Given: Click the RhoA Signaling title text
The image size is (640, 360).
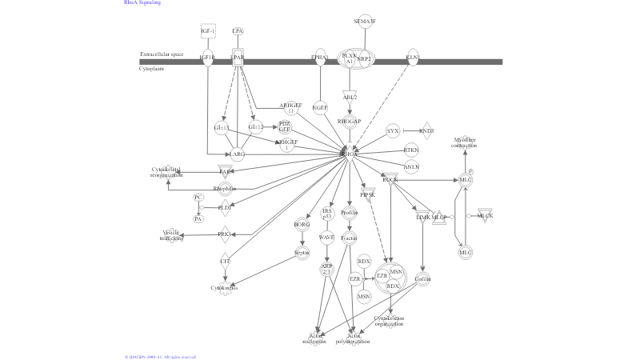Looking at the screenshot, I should (142, 3).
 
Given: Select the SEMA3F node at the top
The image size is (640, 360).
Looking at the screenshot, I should (366, 21).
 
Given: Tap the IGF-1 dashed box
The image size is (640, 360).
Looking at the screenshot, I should (208, 30).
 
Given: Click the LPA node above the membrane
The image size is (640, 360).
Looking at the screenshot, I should (238, 30).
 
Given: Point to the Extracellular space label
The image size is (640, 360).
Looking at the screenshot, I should (162, 54).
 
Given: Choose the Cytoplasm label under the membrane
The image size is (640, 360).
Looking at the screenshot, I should (151, 69).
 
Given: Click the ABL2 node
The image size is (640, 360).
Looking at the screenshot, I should (350, 97).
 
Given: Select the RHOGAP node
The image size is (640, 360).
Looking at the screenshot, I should (350, 122).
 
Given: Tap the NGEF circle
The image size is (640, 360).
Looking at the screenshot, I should (320, 107).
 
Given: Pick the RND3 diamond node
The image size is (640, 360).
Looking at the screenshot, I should (426, 130).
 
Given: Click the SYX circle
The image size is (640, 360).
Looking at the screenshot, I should (392, 130).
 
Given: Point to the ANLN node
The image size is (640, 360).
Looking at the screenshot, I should (411, 167).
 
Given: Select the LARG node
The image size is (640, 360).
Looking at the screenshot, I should (238, 154).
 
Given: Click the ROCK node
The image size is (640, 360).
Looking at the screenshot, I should (390, 179).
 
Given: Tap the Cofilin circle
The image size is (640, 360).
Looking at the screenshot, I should (422, 279).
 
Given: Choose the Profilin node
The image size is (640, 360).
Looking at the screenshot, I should (350, 213).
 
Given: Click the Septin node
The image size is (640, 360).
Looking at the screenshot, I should (302, 253).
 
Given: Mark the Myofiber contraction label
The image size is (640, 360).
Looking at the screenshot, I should (464, 142).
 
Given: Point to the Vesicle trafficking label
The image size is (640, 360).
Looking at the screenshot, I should (172, 234).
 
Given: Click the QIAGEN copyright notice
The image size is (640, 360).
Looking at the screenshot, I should (160, 357).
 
